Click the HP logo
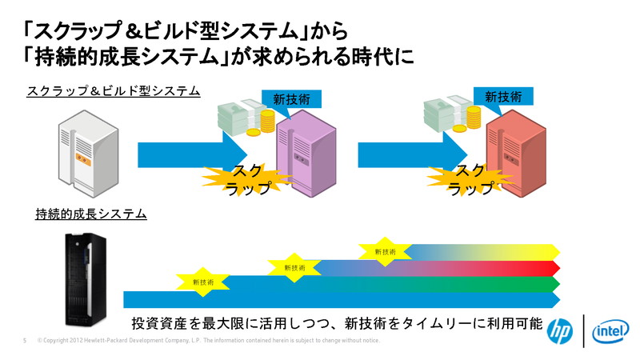[559, 330]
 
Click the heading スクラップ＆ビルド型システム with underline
[113, 92]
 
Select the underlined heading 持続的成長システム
[90, 214]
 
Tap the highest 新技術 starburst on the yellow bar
[385, 251]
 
